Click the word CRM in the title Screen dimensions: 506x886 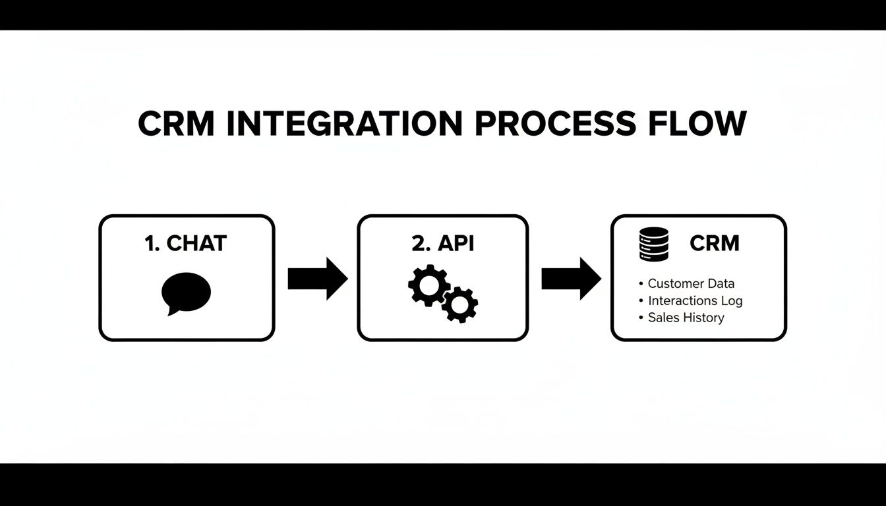point(176,124)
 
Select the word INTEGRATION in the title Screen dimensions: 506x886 point(345,124)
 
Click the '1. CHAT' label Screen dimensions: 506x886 point(185,243)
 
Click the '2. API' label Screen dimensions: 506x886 point(442,243)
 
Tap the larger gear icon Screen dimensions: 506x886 point(428,285)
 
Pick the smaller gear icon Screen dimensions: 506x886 point(459,304)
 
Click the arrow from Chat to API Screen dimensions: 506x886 point(317,279)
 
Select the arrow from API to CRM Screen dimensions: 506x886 point(571,279)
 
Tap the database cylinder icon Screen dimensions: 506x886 point(654,244)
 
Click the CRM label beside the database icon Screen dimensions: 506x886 point(714,244)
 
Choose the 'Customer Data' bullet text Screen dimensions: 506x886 point(691,283)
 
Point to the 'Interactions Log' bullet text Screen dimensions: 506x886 point(695,300)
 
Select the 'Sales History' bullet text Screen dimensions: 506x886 point(686,318)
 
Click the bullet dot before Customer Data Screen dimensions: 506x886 point(641,284)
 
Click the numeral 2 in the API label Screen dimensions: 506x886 point(417,243)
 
